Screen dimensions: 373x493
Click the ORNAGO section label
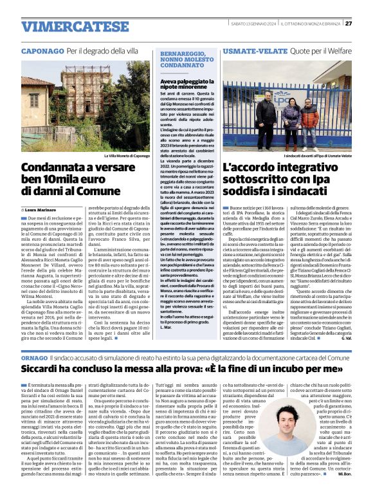click(x=34, y=357)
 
